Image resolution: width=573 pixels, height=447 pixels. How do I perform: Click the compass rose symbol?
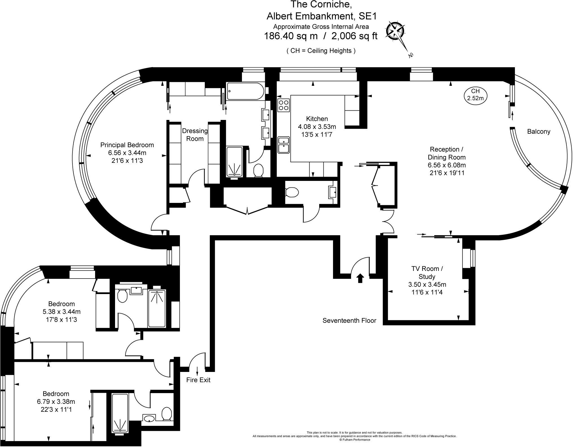coord(395,31)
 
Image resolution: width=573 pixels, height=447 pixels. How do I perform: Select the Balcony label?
coord(539,132)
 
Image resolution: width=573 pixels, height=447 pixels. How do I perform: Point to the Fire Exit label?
coord(198,380)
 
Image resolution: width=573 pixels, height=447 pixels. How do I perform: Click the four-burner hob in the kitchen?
coord(283,105)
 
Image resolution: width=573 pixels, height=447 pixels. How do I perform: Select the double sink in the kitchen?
coord(283,145)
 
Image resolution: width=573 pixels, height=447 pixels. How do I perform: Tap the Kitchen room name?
coord(317,119)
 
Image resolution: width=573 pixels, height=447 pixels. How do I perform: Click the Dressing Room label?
coord(195,135)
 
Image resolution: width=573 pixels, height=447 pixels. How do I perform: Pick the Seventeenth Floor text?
coord(349,321)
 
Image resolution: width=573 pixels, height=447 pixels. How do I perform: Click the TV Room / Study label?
coord(427,273)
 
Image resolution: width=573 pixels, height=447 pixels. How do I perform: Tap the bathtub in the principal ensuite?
coord(245,91)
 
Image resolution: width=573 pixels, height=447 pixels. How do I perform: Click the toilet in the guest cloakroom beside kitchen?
coord(292,192)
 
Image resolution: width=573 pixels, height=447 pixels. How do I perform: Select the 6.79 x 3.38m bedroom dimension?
coord(56,402)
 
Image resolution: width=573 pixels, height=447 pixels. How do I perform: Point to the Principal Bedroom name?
coord(127,145)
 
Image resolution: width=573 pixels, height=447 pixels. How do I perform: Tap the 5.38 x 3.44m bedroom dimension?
coord(61,312)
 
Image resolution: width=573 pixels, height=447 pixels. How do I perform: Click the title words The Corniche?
coord(321,5)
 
